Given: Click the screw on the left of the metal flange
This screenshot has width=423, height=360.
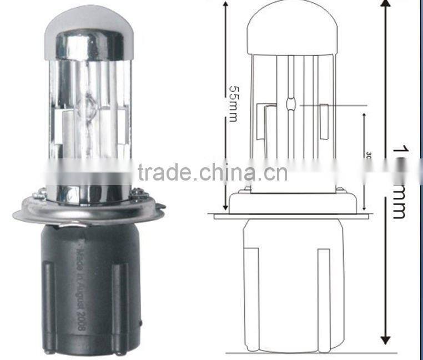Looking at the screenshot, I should coord(39,194).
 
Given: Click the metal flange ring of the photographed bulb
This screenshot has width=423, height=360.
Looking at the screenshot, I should coord(89,212).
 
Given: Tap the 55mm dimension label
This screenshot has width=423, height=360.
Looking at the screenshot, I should coord(231,103).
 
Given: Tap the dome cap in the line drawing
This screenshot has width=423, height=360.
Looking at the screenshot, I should coord(292,28).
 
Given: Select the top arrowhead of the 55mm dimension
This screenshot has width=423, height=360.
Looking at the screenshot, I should coord(226,4).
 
